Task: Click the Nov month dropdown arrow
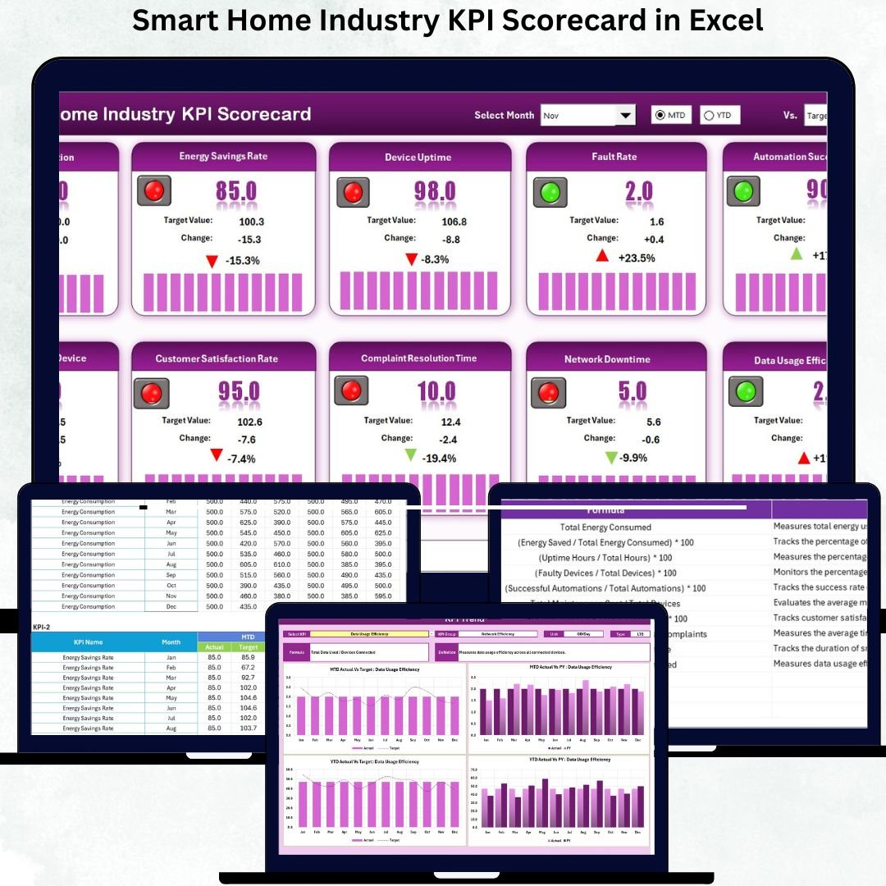[x=626, y=116]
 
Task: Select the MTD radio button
[x=660, y=116]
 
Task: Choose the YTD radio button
[x=709, y=116]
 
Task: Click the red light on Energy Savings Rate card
[x=154, y=191]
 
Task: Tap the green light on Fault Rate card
[x=550, y=192]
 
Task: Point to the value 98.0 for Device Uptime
[x=434, y=191]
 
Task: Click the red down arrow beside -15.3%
[x=212, y=261]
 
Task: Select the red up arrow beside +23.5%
[x=602, y=256]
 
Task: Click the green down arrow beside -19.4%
[x=410, y=456]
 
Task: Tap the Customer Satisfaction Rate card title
[x=217, y=359]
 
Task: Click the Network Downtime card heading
[x=607, y=359]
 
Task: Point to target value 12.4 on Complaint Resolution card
[x=450, y=422]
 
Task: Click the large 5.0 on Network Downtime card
[x=633, y=391]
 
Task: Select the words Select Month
[x=504, y=116]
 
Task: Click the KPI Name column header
[x=88, y=642]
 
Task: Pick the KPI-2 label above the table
[x=42, y=627]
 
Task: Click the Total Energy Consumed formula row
[x=605, y=527]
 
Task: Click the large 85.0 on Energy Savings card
[x=236, y=191]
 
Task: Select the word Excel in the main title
[x=726, y=20]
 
